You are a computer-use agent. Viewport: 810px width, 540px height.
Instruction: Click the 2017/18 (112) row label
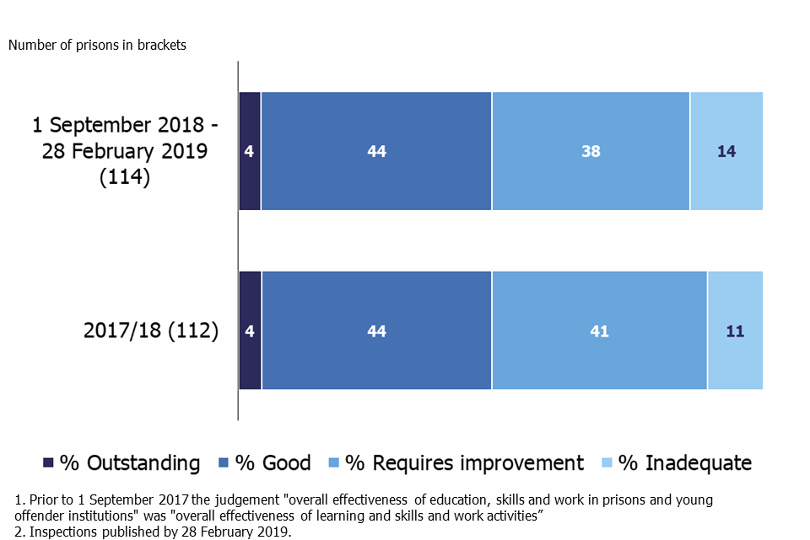point(151,331)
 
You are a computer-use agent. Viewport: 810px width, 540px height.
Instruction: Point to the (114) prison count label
point(125,178)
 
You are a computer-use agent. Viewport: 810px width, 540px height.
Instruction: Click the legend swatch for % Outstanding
point(49,462)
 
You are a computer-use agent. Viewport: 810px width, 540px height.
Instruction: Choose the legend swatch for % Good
point(224,462)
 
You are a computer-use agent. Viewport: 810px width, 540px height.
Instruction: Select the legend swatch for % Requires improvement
point(335,462)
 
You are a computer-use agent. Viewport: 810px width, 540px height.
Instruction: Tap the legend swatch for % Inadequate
point(607,462)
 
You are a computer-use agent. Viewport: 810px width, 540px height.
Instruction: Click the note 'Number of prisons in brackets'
point(97,46)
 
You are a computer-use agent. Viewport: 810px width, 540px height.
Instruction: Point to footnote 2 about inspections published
point(152,532)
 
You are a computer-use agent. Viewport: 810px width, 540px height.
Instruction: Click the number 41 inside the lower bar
point(599,332)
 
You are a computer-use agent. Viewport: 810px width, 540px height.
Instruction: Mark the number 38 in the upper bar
point(591,152)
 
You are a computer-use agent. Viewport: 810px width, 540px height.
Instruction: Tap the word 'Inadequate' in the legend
point(698,463)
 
